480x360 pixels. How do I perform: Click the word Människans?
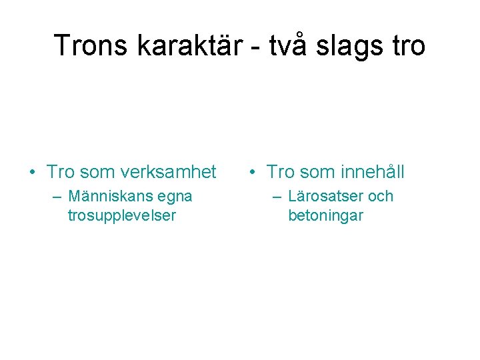click(x=110, y=197)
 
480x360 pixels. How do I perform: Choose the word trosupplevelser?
click(x=121, y=216)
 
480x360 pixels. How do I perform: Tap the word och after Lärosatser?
click(x=381, y=197)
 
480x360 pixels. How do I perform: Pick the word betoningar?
click(x=325, y=216)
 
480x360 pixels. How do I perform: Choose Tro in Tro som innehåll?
click(x=280, y=173)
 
